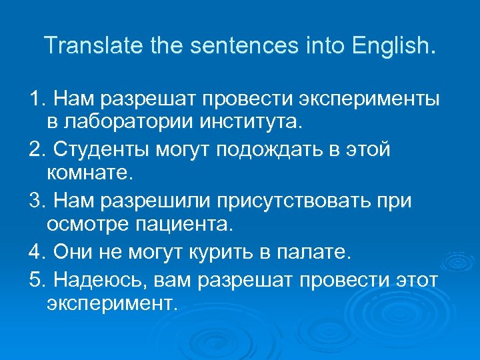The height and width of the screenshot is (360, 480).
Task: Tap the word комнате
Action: [91, 173]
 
